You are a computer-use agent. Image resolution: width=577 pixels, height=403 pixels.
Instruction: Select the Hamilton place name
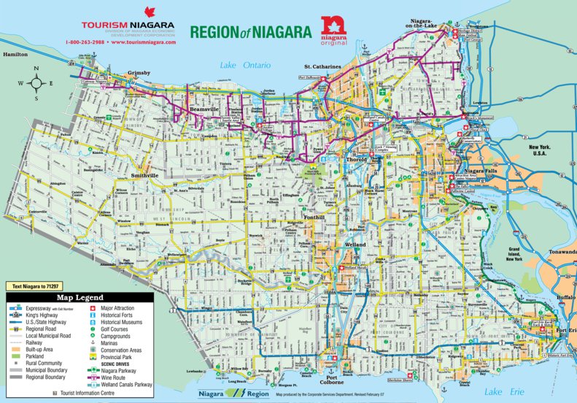click(15, 55)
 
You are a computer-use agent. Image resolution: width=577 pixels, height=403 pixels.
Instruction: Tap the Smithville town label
click(144, 176)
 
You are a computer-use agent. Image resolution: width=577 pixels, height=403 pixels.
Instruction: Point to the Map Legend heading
click(80, 298)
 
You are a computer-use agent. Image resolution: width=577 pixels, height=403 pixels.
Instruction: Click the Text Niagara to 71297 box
click(37, 286)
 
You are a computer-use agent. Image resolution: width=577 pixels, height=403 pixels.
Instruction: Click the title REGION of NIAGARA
click(250, 31)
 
